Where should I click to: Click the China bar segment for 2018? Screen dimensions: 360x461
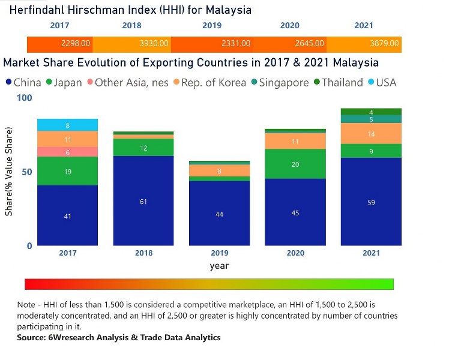143,201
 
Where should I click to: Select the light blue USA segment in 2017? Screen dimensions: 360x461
67,125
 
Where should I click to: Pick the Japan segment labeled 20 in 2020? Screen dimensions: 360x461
295,164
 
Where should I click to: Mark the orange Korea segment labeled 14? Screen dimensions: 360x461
371,134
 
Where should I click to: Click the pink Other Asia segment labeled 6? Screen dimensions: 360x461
67,152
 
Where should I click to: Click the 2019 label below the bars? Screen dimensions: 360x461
219,253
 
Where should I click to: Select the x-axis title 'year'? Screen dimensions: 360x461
219,265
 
